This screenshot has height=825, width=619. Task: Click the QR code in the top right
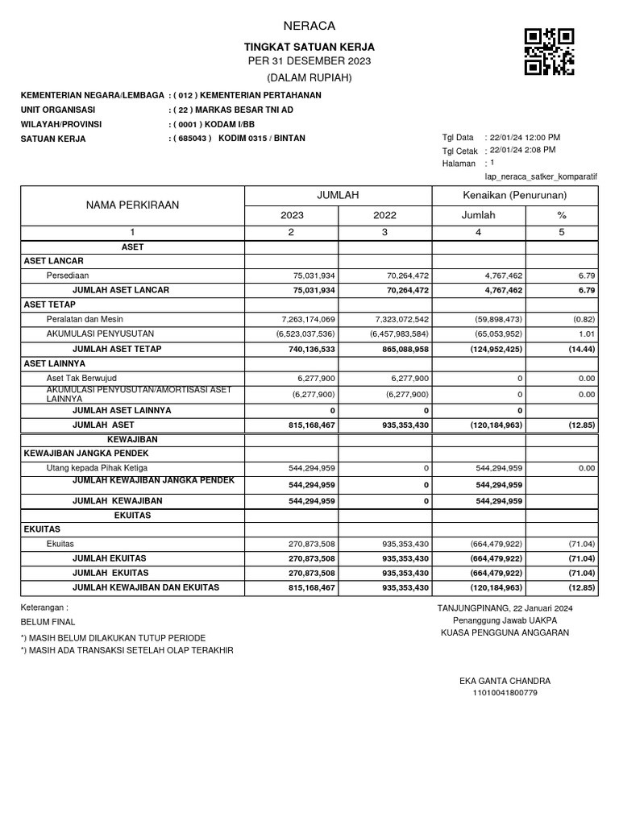[x=549, y=52]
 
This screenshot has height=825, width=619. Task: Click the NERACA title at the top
[x=310, y=26]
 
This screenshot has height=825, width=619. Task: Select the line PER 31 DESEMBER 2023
[x=310, y=62]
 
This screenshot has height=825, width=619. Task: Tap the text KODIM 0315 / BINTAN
[x=262, y=138]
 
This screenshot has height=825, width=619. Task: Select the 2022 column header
[x=384, y=216]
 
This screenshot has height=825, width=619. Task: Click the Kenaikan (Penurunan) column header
[x=515, y=196]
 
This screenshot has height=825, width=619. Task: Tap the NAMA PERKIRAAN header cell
[x=133, y=205]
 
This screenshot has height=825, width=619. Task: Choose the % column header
[x=562, y=216]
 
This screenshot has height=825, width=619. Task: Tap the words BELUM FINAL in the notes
[x=48, y=622]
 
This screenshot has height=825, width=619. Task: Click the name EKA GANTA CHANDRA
[x=505, y=681]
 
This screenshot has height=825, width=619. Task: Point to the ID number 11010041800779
[x=505, y=693]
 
